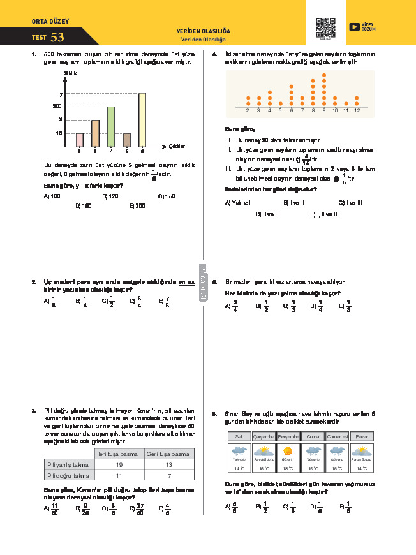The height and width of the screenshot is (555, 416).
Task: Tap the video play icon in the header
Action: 354,26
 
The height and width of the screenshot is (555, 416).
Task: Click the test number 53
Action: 57,38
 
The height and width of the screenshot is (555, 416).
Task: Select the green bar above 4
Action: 110,126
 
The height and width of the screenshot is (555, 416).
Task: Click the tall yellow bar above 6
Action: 142,119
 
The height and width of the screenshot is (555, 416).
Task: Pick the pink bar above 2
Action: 79,140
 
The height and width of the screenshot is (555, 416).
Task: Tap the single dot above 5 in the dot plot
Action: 281,103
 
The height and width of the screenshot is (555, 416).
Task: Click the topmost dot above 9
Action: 324,75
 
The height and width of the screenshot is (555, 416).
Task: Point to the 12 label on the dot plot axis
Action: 357,111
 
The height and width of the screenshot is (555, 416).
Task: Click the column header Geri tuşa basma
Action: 168,454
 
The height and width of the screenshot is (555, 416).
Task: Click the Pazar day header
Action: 362,436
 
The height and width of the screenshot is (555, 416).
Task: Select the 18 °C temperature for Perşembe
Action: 288,468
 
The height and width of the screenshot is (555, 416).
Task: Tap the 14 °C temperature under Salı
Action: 239,468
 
